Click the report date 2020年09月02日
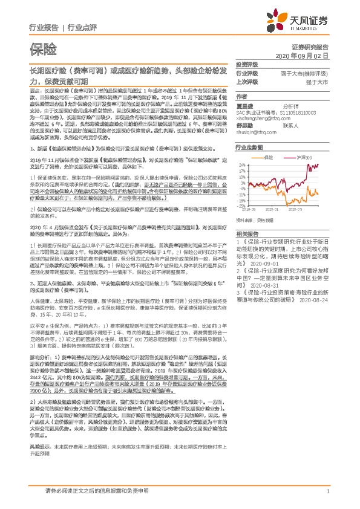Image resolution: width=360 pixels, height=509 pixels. tap(310, 55)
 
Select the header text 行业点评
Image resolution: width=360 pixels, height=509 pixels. tap(82, 27)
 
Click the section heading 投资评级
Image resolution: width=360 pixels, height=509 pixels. tap(247, 64)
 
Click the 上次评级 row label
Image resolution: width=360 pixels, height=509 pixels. tap(247, 81)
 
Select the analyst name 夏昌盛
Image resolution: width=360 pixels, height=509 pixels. tap(245, 104)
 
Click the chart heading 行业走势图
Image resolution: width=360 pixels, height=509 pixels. tap(249, 147)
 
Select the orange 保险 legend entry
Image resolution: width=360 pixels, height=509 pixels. tap(269, 157)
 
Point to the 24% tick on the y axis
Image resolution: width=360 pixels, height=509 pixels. tap(243, 163)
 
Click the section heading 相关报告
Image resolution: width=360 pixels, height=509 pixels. tap(247, 233)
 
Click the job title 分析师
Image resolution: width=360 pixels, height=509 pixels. tap(292, 104)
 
